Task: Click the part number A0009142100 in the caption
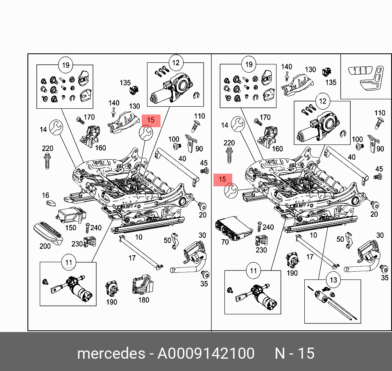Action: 206,353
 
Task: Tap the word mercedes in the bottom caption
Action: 111,353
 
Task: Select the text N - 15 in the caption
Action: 294,353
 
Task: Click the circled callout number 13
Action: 333,280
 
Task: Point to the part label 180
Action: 144,300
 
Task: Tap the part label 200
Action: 45,246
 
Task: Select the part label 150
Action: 71,228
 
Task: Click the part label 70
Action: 225,242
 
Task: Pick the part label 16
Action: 45,196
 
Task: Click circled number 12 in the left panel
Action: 175,63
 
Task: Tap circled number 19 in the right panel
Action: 248,64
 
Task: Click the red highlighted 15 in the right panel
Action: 222,179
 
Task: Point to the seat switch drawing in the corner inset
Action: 366,77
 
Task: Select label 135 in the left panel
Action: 125,82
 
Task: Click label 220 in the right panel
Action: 229,143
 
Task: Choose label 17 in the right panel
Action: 310,257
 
